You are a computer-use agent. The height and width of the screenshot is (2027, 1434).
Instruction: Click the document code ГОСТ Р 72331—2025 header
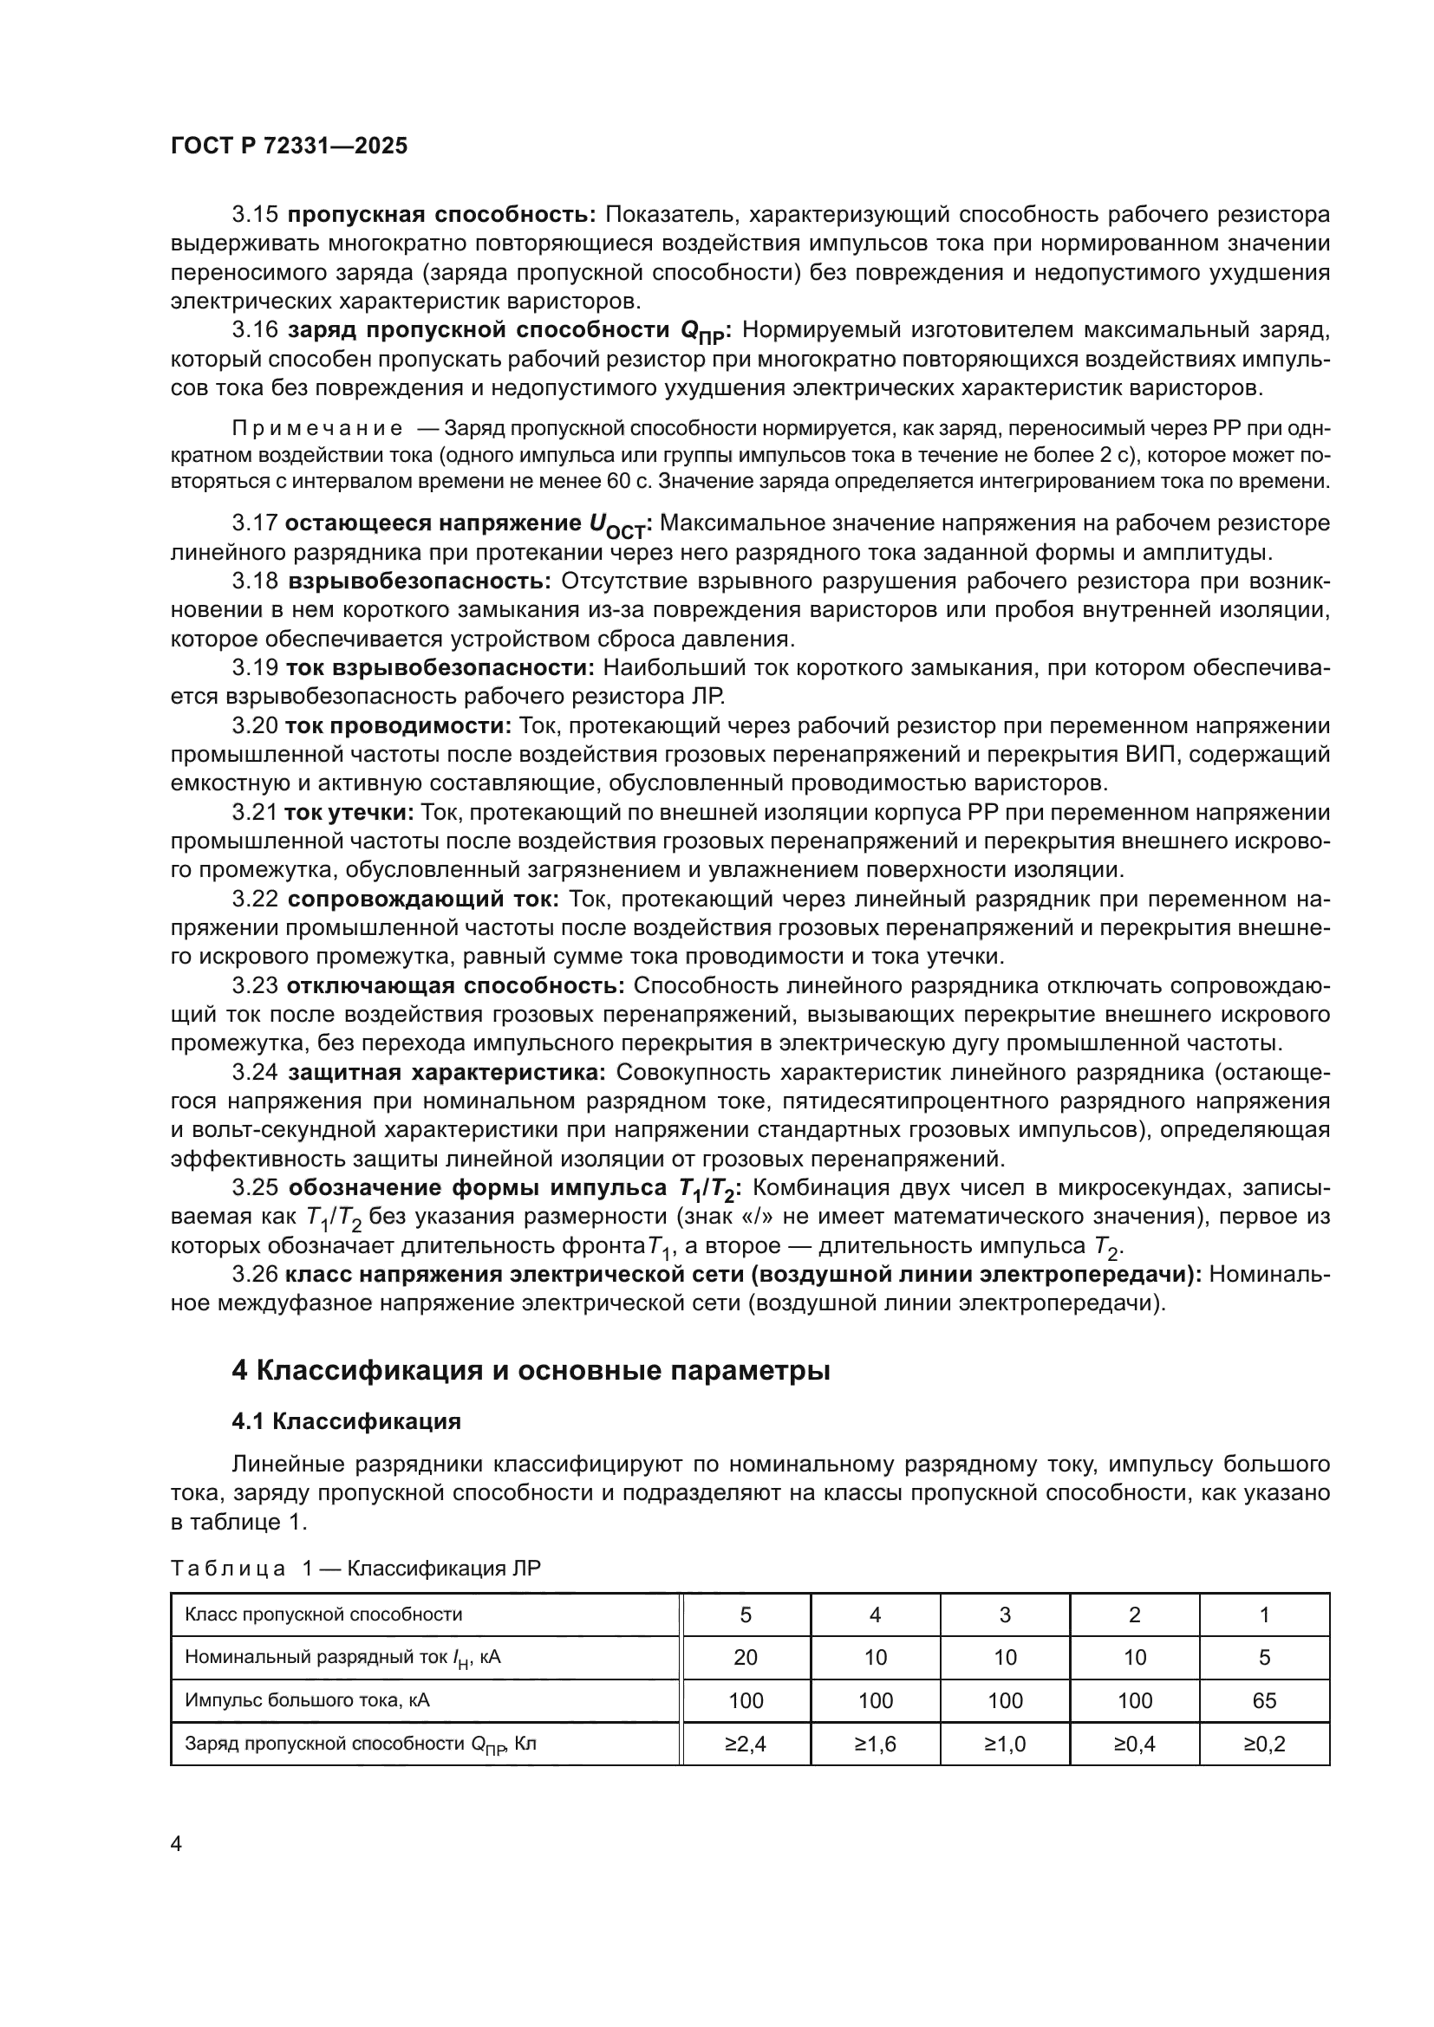coord(289,146)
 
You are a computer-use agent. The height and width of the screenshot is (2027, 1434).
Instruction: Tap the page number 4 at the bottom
coord(176,1843)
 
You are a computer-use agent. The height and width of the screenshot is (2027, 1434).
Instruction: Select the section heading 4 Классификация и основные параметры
coord(530,1370)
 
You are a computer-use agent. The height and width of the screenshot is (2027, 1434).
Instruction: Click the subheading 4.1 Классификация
coord(346,1421)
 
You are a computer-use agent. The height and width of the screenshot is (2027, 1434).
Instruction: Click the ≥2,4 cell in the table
coord(746,1744)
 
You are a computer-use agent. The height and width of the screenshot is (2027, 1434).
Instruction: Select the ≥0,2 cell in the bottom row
coord(1263,1744)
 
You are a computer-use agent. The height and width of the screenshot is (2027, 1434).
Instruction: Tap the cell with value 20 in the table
coord(746,1657)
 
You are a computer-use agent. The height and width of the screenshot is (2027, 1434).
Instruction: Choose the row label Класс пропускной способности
coord(323,1614)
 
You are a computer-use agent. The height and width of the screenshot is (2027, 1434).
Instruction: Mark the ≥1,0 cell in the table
coord(1005,1744)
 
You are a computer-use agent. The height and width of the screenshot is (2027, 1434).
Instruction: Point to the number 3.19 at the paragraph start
coord(255,668)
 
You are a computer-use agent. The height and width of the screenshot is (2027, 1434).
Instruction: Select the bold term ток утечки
coord(349,812)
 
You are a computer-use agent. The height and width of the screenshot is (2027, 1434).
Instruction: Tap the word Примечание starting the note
coord(317,429)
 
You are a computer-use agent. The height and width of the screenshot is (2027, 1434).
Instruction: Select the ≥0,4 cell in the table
coord(1135,1744)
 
